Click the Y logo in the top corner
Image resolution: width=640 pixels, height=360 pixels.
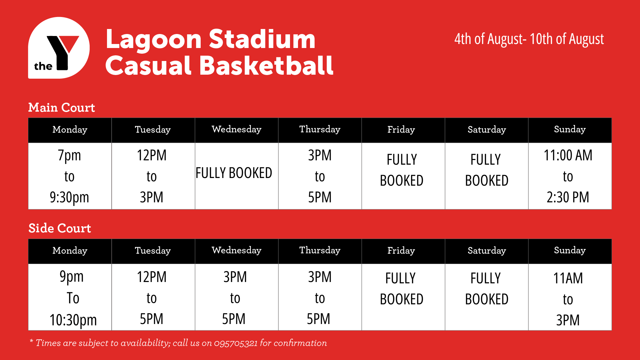pyautogui.click(x=59, y=48)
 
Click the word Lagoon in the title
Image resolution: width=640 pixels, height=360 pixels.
pyautogui.click(x=154, y=39)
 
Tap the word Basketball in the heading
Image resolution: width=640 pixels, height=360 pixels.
pyautogui.click(x=266, y=65)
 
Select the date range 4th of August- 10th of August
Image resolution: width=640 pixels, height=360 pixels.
pyautogui.click(x=529, y=39)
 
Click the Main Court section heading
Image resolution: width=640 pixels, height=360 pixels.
pyautogui.click(x=62, y=107)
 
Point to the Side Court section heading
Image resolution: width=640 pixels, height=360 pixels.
pyautogui.click(x=60, y=228)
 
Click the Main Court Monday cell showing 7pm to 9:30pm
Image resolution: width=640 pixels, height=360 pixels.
pyautogui.click(x=70, y=176)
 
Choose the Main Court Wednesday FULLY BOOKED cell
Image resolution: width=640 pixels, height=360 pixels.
pyautogui.click(x=237, y=176)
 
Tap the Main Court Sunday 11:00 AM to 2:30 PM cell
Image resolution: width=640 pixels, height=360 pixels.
pyautogui.click(x=570, y=176)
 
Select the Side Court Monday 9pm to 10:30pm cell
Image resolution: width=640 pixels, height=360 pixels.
pyautogui.click(x=70, y=297)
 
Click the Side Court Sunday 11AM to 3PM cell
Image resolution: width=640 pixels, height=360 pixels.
pyautogui.click(x=570, y=297)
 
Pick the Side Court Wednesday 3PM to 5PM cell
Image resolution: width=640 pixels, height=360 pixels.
pyautogui.click(x=237, y=297)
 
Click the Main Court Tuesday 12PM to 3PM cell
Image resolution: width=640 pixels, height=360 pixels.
pyautogui.click(x=153, y=176)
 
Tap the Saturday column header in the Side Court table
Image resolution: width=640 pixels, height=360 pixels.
pyautogui.click(x=487, y=251)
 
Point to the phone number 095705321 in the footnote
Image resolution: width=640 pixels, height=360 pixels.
pyautogui.click(x=236, y=343)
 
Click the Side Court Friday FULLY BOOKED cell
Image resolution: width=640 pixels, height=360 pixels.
pyautogui.click(x=403, y=297)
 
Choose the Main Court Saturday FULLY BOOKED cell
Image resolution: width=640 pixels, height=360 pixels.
pyautogui.click(x=487, y=176)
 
